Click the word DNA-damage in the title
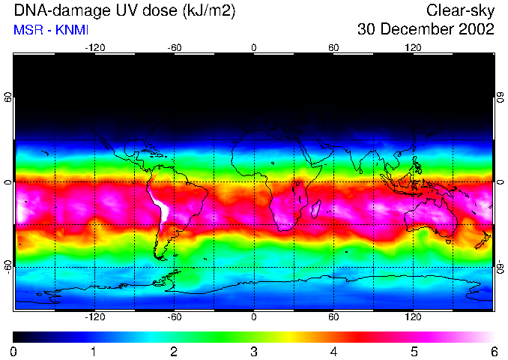coord(57,10)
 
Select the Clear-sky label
coord(460,10)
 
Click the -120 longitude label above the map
coord(94,48)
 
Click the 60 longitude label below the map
coord(333,316)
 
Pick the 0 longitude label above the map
coord(254,48)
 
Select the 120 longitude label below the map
coord(413,316)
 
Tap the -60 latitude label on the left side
coord(8,266)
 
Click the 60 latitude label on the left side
coord(8,97)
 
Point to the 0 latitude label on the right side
coord(500,182)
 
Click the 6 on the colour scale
coord(494,351)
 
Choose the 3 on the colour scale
coord(254,351)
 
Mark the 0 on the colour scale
coord(14,351)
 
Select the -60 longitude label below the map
coord(174,316)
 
